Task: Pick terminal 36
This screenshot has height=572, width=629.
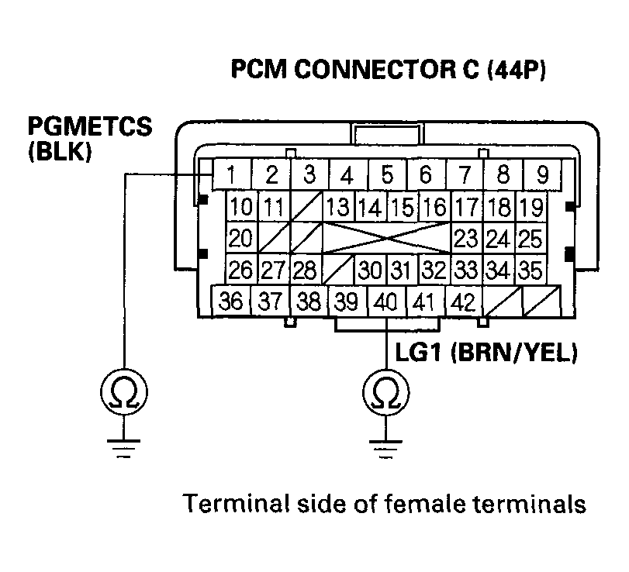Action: coord(230,301)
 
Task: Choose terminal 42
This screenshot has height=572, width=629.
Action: coord(462,301)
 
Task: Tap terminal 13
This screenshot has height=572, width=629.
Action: coord(337,208)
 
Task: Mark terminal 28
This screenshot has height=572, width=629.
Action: coord(306,270)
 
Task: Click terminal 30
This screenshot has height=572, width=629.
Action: coord(371,270)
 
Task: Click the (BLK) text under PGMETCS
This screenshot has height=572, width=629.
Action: coord(60,150)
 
